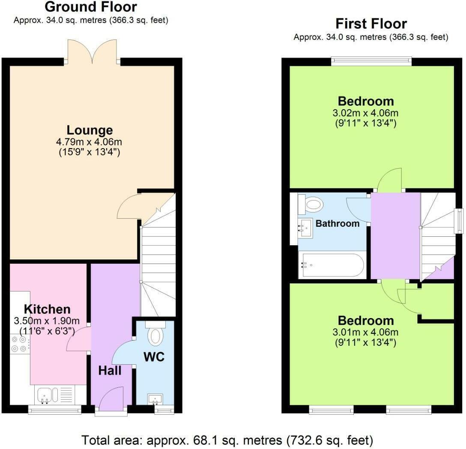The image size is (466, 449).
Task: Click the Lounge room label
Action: point(90,130)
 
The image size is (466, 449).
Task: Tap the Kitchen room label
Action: point(47,309)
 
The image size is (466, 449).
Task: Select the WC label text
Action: point(154,357)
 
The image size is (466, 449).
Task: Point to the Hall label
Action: point(110,371)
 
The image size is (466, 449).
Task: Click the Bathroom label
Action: point(338,223)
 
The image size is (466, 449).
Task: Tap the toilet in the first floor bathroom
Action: point(312,205)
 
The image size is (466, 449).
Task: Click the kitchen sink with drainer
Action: point(54,394)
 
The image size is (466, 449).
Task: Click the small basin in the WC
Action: point(155,399)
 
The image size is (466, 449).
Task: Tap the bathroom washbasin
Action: point(306,228)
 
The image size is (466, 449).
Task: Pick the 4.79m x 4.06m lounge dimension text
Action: point(90,142)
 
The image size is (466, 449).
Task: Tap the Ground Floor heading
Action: point(91,7)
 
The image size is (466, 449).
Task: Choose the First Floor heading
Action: point(371,23)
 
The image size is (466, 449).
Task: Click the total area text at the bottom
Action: point(227,440)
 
